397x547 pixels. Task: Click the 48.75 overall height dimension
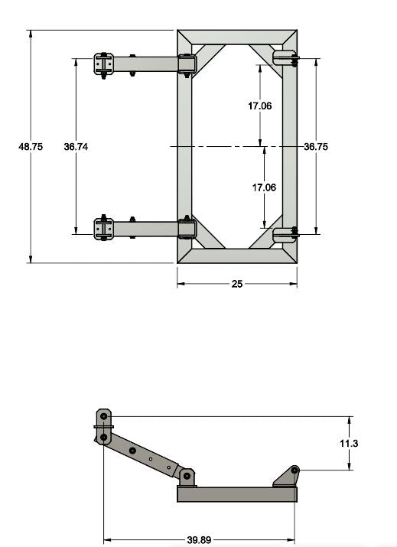pos(31,147)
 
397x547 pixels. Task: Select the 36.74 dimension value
pos(76,147)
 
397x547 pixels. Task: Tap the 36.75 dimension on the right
pos(316,147)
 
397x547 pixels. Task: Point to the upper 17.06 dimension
pos(260,106)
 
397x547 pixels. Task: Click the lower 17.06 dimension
pos(264,187)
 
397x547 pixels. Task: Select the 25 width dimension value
pos(237,284)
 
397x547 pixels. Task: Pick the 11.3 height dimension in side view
pos(350,444)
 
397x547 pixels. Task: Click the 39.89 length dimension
pos(199,540)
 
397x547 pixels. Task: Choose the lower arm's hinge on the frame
pos(187,229)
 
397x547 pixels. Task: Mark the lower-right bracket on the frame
pos(285,233)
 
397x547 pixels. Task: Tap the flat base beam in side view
pos(237,494)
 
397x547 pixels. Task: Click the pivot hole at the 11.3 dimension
pos(294,469)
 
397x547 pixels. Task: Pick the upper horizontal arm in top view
pos(153,64)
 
